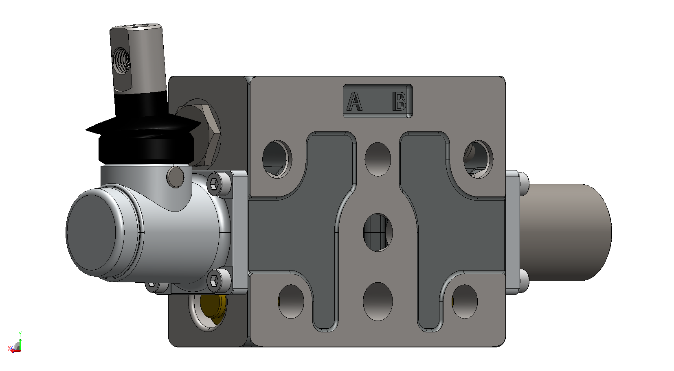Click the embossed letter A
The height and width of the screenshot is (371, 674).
point(354,101)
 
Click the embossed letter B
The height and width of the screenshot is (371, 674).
point(400,101)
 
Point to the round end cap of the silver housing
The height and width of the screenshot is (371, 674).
point(92,232)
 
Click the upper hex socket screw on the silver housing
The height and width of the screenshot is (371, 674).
point(214,183)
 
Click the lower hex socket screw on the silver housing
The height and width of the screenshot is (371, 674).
point(214,281)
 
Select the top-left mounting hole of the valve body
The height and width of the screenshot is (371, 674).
point(277,159)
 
